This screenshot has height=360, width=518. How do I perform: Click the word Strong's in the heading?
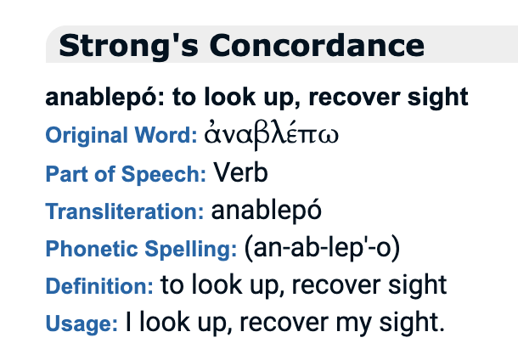point(128,46)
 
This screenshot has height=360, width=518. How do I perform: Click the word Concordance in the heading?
point(317,46)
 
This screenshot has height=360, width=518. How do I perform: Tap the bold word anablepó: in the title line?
point(104,98)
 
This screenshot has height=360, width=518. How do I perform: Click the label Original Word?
point(121,135)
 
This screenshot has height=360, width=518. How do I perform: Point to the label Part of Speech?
point(126,174)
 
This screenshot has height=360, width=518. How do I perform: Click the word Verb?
point(240,172)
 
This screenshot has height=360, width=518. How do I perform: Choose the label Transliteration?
point(125,211)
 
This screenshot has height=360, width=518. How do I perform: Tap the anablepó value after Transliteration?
point(267,210)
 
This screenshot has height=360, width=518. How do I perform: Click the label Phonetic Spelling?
point(142,249)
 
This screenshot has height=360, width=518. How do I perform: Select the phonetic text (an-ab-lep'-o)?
point(322,248)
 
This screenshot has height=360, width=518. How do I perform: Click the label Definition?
point(99,285)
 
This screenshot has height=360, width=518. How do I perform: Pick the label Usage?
point(82,323)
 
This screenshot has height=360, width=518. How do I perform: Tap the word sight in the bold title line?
point(437,98)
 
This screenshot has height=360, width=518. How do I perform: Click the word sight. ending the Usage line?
point(412,322)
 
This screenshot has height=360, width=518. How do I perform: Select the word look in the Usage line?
point(165,321)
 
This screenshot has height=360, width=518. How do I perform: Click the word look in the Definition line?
point(217,284)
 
